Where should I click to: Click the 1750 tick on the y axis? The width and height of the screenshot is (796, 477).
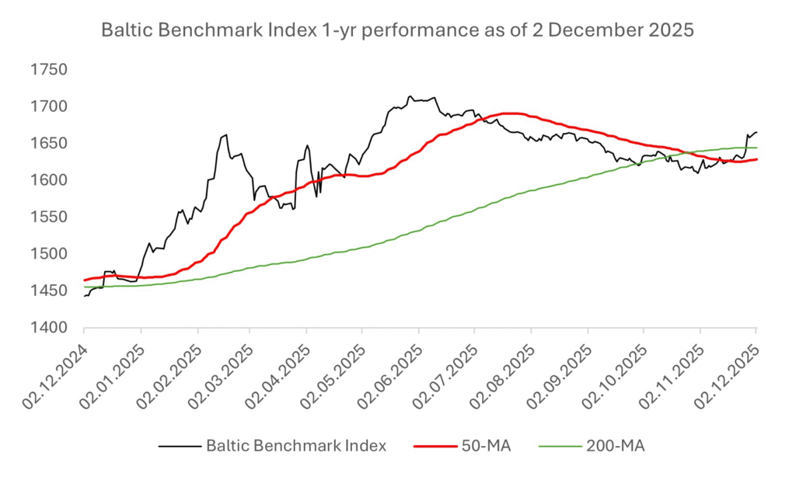point(49,69)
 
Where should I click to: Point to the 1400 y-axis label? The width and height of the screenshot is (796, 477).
point(49,328)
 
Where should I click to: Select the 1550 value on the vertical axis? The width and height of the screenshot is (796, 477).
point(49,217)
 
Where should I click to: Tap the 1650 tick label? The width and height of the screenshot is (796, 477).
point(49,143)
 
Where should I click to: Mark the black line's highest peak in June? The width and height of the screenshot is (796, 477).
point(410,96)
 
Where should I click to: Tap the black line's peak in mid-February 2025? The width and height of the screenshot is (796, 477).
point(225,135)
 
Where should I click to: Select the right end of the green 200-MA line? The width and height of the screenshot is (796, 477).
point(757,148)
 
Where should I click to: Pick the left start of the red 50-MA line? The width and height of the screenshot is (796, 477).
point(84,280)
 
